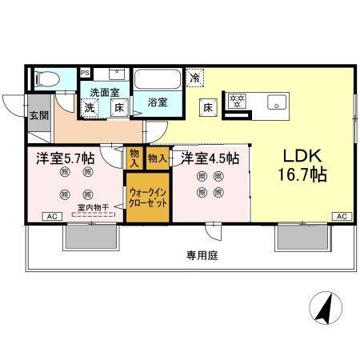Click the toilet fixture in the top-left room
(47, 78)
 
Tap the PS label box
(85, 73)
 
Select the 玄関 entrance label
(38, 115)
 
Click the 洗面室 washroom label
(104, 92)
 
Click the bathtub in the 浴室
(158, 79)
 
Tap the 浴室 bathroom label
(158, 102)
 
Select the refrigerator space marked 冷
(196, 78)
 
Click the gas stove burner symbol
(237, 101)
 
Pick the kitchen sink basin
(278, 102)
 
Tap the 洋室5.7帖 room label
(63, 158)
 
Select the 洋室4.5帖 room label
(209, 158)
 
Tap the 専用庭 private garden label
(202, 257)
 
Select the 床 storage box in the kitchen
(206, 106)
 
